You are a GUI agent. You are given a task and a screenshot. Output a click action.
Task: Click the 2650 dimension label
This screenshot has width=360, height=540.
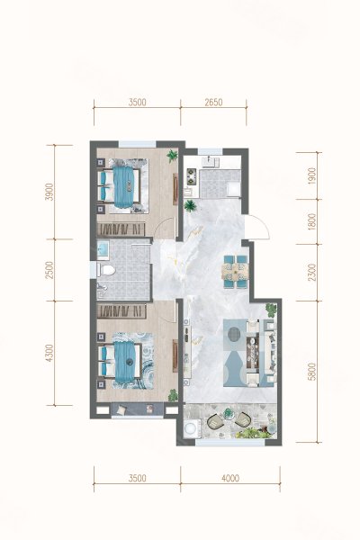(x=213, y=103)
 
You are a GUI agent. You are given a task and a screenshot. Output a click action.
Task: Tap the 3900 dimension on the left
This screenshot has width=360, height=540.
(x=50, y=192)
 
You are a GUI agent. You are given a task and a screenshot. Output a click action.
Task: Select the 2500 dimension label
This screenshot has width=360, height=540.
(x=50, y=270)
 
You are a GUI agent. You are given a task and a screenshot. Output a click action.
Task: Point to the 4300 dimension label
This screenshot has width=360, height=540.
(x=50, y=353)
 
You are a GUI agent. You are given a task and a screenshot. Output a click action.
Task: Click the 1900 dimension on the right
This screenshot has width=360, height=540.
(x=312, y=176)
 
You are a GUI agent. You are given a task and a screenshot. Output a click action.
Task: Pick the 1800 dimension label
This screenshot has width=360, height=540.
(x=312, y=221)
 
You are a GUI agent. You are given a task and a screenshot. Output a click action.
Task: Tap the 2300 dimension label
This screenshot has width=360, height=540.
(x=312, y=272)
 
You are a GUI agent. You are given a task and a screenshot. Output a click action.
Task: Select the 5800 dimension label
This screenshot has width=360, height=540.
(x=312, y=371)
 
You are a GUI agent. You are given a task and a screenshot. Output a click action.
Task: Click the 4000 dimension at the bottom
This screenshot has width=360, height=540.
(x=230, y=478)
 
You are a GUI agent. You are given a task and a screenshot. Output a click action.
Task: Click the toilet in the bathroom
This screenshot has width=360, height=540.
(x=106, y=270)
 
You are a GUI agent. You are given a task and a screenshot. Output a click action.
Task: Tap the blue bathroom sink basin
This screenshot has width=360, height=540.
(x=103, y=249)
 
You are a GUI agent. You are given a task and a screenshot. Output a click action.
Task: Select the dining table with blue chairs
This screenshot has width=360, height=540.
(x=235, y=272)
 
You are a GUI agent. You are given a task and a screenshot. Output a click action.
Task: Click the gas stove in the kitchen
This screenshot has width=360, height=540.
(x=191, y=176)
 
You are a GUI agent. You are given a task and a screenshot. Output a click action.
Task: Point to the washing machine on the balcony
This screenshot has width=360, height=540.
(x=190, y=428)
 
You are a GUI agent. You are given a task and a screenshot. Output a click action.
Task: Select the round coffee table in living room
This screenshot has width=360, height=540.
(x=235, y=333)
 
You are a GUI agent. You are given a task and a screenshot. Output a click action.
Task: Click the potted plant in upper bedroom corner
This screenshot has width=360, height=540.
(x=172, y=156)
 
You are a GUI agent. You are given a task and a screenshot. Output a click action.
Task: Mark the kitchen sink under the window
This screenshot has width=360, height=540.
(x=210, y=161)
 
